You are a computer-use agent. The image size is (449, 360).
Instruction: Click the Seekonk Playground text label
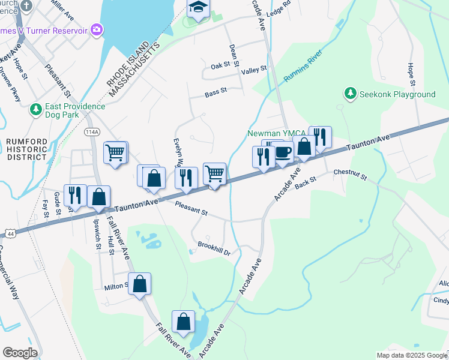tap(397, 94)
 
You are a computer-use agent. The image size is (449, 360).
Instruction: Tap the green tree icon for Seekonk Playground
tap(350, 94)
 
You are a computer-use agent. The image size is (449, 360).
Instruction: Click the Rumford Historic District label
tap(26, 148)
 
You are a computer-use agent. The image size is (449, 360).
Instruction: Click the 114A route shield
tap(92, 132)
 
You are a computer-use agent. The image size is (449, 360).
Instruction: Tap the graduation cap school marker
tap(197, 9)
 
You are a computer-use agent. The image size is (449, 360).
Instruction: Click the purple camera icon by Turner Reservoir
tap(96, 29)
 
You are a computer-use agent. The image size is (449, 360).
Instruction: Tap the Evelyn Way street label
tap(178, 154)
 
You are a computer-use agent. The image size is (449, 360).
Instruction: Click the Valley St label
tap(254, 70)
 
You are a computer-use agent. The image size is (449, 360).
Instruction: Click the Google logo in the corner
tap(20, 353)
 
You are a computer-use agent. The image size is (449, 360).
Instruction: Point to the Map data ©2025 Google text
tap(411, 355)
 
